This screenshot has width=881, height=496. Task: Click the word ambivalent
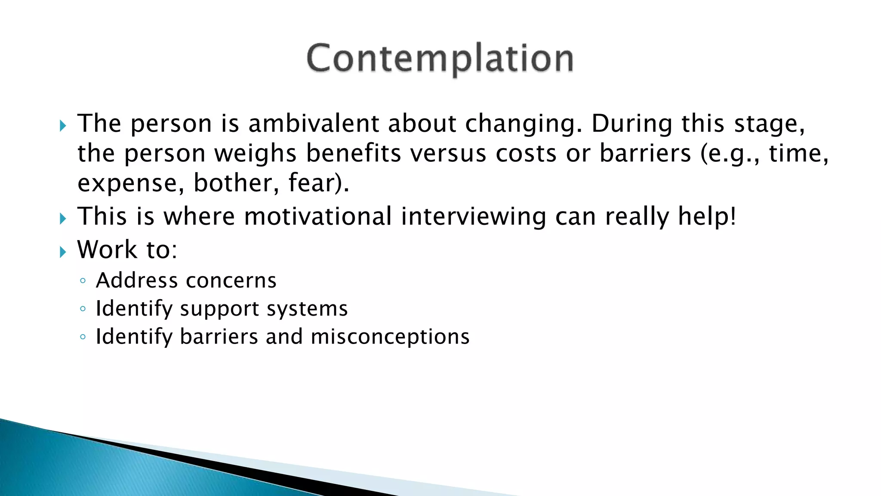coord(314,124)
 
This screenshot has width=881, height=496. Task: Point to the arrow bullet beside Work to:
coord(63,252)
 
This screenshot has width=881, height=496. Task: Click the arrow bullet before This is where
coord(63,219)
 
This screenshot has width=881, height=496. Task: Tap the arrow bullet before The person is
coord(63,126)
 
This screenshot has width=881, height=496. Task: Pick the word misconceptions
coord(390,337)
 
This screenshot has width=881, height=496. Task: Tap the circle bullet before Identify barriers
coord(83,337)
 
